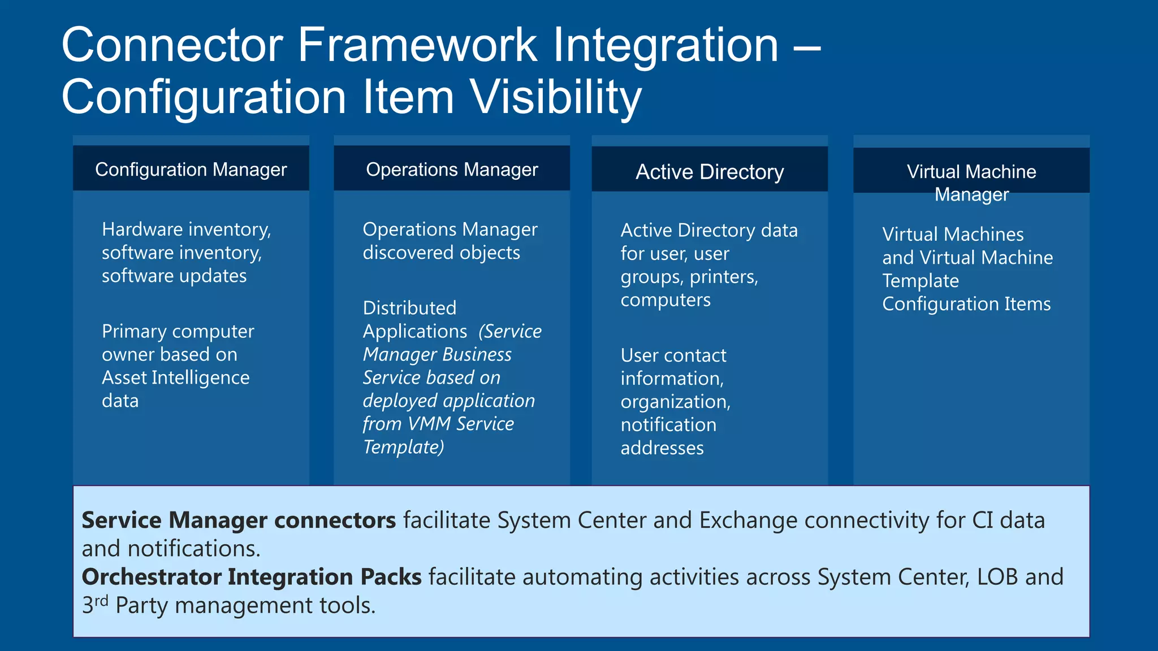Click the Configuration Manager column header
pos(191,170)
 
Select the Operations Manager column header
pos(452,170)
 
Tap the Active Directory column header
pos(710,172)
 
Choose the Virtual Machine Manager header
pos(971,182)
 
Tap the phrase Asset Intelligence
pos(175,377)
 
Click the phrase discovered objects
pos(441,253)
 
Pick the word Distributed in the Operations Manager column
pos(409,308)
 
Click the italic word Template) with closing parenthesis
pos(403,447)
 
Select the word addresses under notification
pos(662,448)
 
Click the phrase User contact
pos(673,355)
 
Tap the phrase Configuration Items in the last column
pos(966,304)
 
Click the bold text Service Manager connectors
pos(239,520)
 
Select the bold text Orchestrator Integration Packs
pos(252,577)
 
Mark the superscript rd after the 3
pos(101,600)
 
